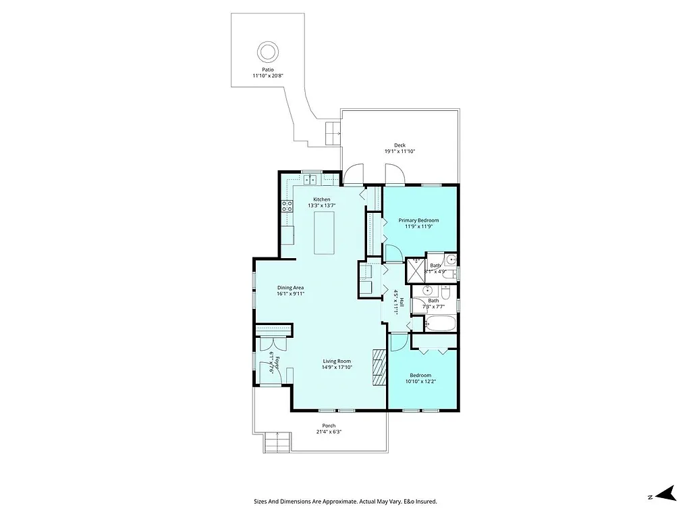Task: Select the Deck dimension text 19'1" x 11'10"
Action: pos(399,151)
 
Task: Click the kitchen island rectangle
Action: pos(325,232)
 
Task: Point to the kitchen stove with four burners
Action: pos(287,206)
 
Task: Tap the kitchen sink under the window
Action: pos(311,180)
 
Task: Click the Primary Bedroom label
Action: pos(418,220)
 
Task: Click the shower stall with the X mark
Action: pos(416,270)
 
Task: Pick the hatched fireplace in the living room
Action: pos(379,367)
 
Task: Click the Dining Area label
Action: pos(290,287)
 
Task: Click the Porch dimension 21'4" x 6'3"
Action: pos(329,432)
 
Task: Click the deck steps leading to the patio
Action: pos(333,133)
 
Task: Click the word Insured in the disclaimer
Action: pos(425,501)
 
